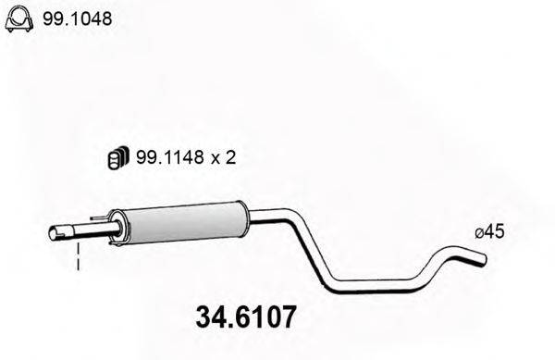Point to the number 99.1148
(x=167, y=158)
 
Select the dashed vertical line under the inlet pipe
(x=79, y=257)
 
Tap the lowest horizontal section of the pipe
(x=370, y=283)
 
